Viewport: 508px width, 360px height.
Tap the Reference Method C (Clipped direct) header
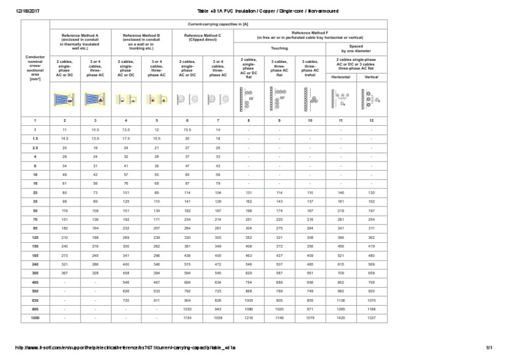point(202,38)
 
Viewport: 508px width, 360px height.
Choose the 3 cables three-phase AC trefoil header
point(310,67)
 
